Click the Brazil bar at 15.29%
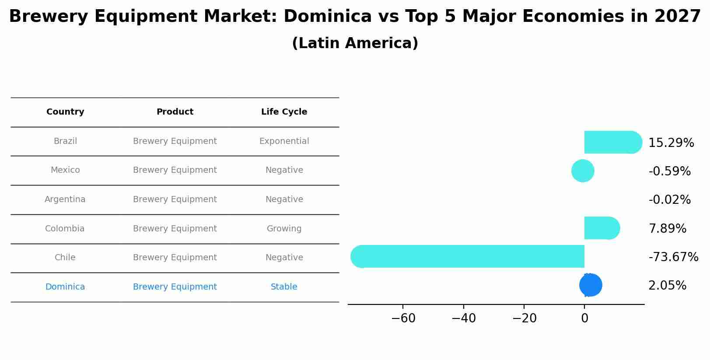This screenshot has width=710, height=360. click(612, 142)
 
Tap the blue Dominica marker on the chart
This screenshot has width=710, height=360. click(591, 285)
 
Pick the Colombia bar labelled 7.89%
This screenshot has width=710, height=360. click(602, 228)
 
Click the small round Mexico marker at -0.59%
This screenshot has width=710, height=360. click(583, 171)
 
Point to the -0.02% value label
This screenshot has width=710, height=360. click(669, 200)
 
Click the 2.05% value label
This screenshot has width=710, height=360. click(667, 286)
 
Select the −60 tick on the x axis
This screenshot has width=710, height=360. click(403, 318)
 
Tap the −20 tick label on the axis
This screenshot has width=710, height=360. click(524, 318)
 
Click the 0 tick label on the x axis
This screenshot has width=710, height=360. click(584, 318)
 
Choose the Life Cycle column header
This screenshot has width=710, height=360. click(284, 112)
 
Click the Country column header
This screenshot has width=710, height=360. click(65, 112)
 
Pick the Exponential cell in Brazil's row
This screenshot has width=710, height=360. click(284, 141)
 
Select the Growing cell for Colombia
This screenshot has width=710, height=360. click(284, 229)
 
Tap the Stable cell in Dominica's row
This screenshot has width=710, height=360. click(284, 287)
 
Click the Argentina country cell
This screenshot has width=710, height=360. click(65, 199)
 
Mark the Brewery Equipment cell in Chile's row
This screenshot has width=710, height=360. click(175, 258)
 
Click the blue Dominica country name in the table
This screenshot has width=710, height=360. click(65, 287)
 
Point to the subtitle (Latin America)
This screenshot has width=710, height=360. click(355, 43)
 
